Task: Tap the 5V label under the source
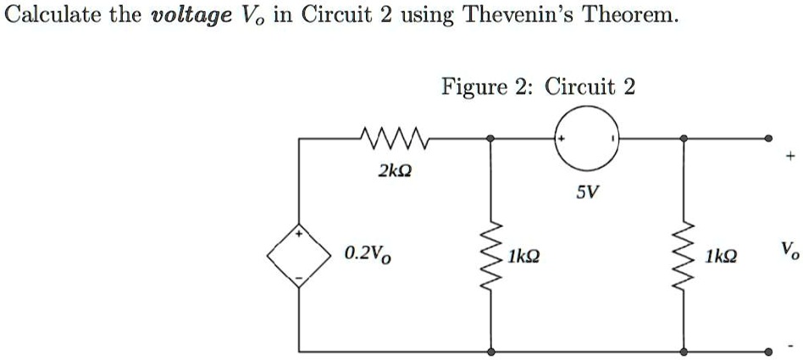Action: pyautogui.click(x=586, y=192)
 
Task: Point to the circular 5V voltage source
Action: pyautogui.click(x=586, y=138)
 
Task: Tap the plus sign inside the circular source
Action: pyautogui.click(x=562, y=138)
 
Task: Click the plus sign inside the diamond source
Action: pyautogui.click(x=300, y=234)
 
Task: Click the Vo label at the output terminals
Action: pyautogui.click(x=789, y=252)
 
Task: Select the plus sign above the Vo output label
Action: pyautogui.click(x=790, y=156)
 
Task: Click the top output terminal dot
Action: pyautogui.click(x=768, y=138)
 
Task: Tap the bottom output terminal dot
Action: pyautogui.click(x=768, y=352)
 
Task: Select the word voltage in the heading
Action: pyautogui.click(x=191, y=17)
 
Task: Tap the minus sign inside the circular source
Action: pyautogui.click(x=612, y=138)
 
